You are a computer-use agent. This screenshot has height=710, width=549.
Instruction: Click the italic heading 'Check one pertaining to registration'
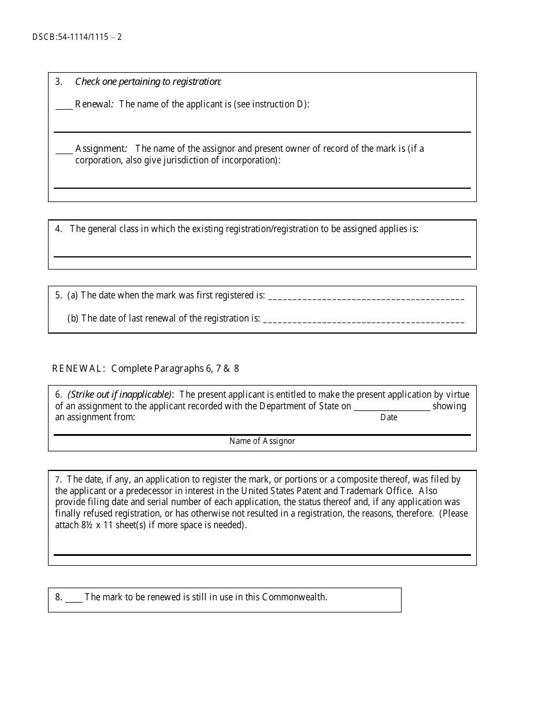point(148,81)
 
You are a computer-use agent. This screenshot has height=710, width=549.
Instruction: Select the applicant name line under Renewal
point(262,130)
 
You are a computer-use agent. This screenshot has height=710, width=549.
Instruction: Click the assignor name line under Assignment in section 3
point(262,186)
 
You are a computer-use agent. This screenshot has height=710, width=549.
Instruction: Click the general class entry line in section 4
point(262,255)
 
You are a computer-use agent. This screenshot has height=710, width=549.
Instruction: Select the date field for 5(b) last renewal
point(363,320)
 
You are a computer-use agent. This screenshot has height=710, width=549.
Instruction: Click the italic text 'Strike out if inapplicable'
point(120,395)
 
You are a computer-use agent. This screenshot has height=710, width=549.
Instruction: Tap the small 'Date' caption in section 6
point(389,417)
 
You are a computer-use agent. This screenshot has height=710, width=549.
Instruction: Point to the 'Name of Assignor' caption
point(262,441)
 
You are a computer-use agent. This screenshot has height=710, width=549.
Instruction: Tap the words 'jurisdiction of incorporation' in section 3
point(222,160)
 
